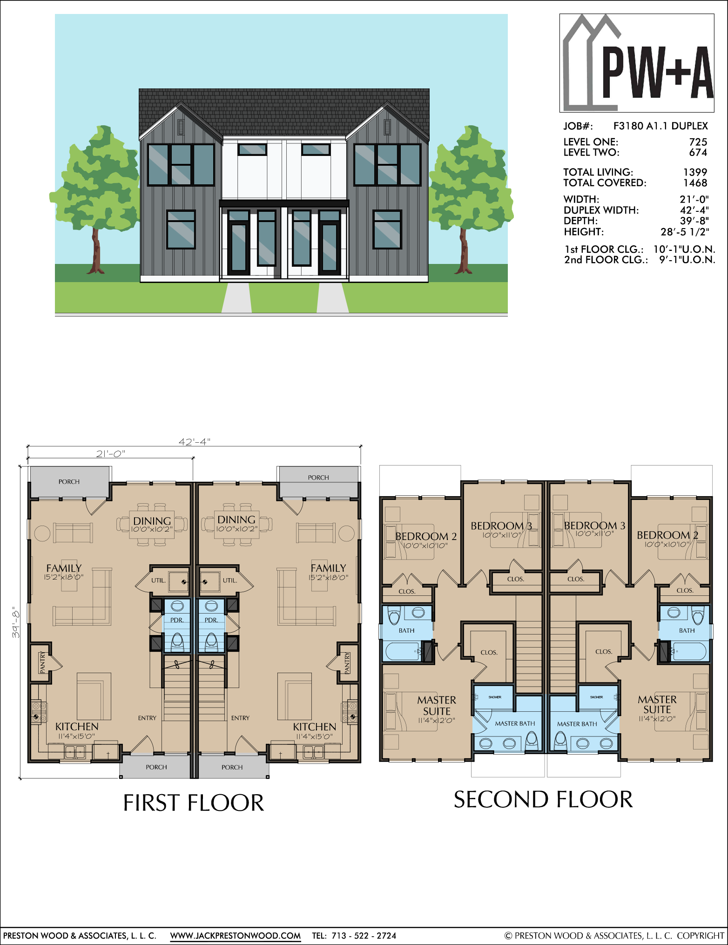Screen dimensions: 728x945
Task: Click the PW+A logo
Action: pyautogui.click(x=637, y=63)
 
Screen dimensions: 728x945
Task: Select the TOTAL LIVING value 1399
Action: pyautogui.click(x=695, y=172)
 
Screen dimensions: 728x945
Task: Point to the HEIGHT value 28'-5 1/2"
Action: pyautogui.click(x=685, y=232)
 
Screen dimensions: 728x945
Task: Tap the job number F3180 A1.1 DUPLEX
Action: pyautogui.click(x=661, y=126)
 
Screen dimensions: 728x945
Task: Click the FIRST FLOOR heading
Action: pyautogui.click(x=194, y=803)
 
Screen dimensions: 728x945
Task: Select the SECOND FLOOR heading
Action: pyautogui.click(x=543, y=800)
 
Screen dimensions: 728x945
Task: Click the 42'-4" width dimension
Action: pyautogui.click(x=195, y=441)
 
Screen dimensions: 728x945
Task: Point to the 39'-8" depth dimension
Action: pyautogui.click(x=16, y=622)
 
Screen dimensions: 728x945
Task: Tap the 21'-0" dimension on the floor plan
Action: pyautogui.click(x=111, y=453)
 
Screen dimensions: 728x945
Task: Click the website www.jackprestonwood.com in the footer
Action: pyautogui.click(x=235, y=936)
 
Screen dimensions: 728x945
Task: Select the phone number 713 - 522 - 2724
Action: pyautogui.click(x=364, y=936)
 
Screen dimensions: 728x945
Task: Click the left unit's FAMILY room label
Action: pyautogui.click(x=64, y=568)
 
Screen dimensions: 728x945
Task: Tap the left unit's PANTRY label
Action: pyautogui.click(x=42, y=662)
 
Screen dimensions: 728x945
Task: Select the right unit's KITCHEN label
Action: pyautogui.click(x=315, y=727)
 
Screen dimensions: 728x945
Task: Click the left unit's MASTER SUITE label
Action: pyautogui.click(x=437, y=706)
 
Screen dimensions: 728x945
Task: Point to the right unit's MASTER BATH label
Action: pyautogui.click(x=577, y=724)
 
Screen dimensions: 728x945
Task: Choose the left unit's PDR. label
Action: pyautogui.click(x=177, y=620)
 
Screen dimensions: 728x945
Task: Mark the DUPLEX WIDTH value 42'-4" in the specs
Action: pyautogui.click(x=694, y=210)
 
